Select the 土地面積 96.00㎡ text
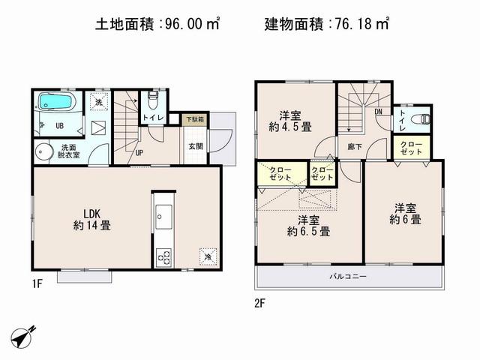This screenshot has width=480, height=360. tap(157, 24)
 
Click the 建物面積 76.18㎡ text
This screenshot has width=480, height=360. tap(326, 24)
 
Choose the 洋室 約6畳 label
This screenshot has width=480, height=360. tap(404, 214)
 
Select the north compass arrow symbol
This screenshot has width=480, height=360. tap(24, 335)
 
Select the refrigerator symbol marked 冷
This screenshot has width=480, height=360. tap(207, 256)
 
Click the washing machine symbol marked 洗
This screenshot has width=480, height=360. tap(97, 102)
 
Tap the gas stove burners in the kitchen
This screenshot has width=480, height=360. tap(163, 257)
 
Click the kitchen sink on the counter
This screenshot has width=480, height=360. tap(163, 218)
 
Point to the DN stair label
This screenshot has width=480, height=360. tap(379, 112)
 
